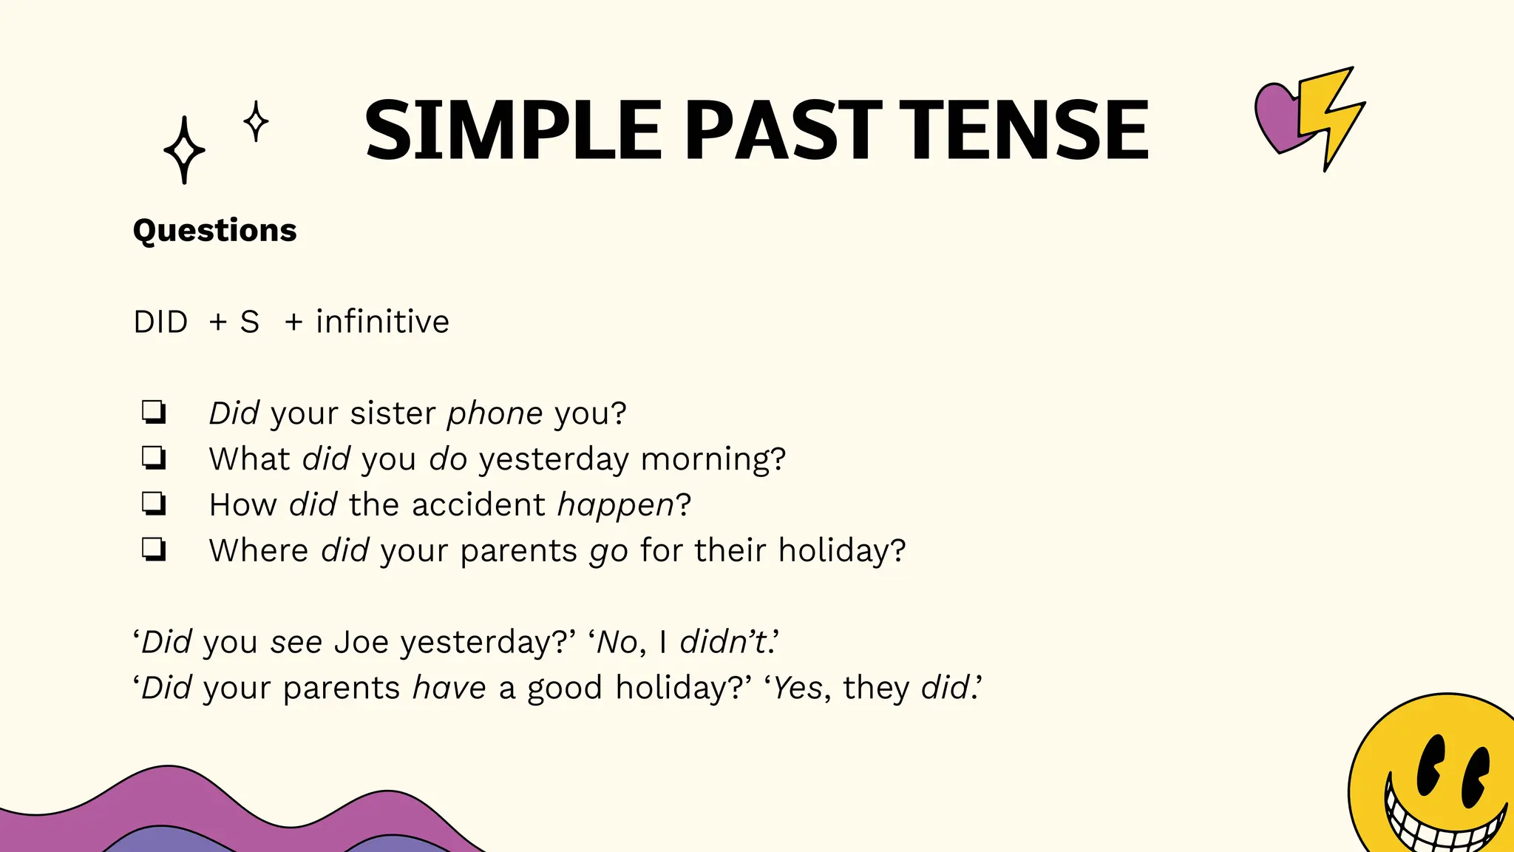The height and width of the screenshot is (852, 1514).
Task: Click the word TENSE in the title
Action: tap(1028, 130)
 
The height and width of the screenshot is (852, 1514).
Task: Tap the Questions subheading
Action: tap(214, 230)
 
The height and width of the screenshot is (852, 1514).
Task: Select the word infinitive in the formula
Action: tap(382, 322)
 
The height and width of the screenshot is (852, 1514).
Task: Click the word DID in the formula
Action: tap(160, 322)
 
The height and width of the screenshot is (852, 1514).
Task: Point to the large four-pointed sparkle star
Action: tap(184, 150)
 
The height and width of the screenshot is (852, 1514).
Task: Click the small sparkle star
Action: tap(256, 121)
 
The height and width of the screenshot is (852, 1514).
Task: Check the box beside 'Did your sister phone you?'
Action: tap(154, 412)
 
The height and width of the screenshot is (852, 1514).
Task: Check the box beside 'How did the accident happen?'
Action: tap(154, 504)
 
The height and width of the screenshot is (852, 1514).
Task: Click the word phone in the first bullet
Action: tap(495, 413)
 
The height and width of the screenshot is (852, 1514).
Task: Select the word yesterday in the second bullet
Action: tap(553, 459)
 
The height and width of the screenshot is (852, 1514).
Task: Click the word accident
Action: tap(478, 504)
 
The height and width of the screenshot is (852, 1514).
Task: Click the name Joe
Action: tap(361, 641)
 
